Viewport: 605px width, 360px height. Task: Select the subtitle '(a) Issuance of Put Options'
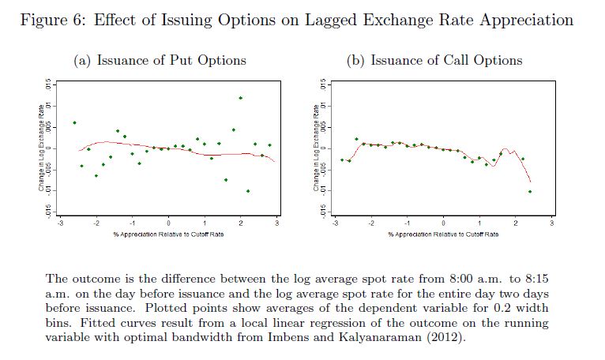[x=160, y=60]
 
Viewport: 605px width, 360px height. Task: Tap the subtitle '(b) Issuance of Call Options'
[x=434, y=60]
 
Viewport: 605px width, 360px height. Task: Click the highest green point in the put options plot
[x=241, y=98]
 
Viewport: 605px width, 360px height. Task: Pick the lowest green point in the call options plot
[x=530, y=192]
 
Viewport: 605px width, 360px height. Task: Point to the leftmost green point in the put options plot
[x=74, y=123]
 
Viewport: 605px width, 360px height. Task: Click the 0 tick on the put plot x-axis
[x=168, y=225]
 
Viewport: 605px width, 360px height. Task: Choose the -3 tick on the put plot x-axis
[x=60, y=225]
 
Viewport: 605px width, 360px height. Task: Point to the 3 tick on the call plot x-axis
[x=552, y=225]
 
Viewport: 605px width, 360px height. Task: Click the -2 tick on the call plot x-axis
[x=371, y=225]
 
